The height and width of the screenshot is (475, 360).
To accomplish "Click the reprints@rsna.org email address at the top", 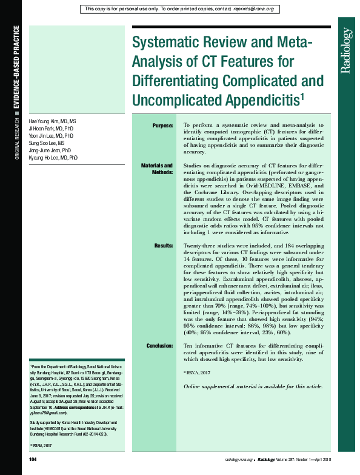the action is pos(253,9).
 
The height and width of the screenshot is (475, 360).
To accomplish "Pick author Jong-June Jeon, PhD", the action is pos(50,150).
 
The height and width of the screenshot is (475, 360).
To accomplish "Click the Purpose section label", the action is pos(162,125).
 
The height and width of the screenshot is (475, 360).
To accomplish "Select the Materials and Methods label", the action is pos(157,169).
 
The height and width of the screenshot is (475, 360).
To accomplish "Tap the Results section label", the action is pos(164,246).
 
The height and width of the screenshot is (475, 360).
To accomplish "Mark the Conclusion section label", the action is pos(160,346).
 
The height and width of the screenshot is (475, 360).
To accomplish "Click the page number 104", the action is pos(33,460).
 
